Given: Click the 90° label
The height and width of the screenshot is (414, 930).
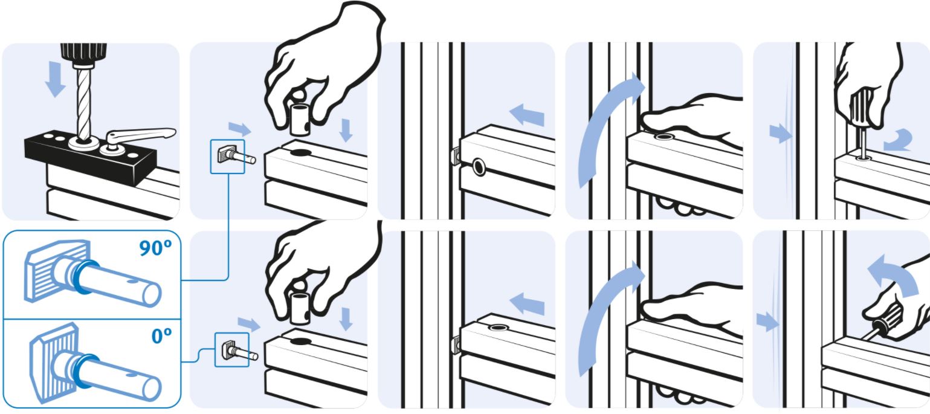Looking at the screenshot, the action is tap(155, 248).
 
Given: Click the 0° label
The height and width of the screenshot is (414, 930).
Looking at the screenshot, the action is tap(161, 335).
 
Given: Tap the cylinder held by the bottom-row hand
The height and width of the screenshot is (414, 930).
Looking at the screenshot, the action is tap(300, 308).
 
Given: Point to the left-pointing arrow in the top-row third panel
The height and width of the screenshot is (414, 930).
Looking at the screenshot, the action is tap(527, 114).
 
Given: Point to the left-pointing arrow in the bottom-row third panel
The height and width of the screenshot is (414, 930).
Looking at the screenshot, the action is tap(527, 304).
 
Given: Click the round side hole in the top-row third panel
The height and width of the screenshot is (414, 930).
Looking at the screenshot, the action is tap(479, 167).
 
